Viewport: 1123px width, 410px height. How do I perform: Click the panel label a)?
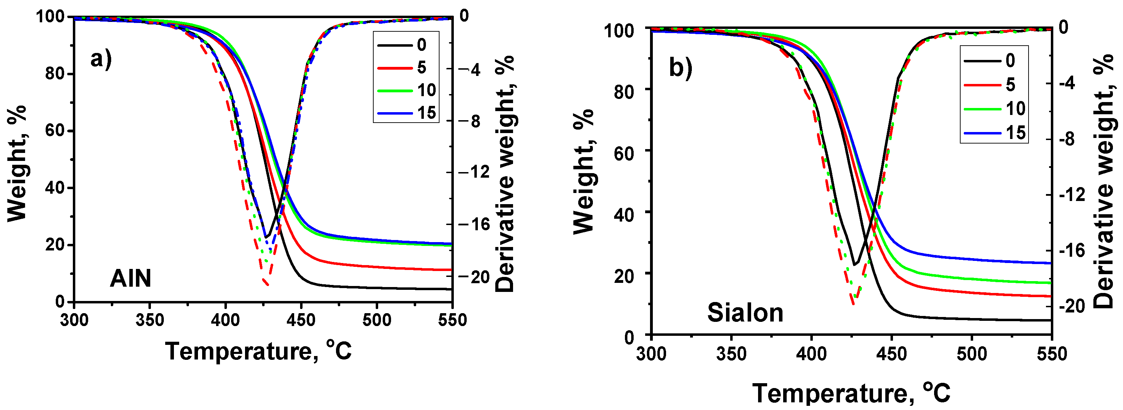(101, 59)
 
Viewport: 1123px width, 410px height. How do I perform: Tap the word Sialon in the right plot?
(745, 312)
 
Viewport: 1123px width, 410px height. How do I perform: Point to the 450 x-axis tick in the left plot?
(301, 320)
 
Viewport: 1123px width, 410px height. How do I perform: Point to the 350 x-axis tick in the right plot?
(731, 353)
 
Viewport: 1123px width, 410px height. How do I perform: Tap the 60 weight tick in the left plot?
(55, 130)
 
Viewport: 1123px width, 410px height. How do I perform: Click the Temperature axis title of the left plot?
(258, 351)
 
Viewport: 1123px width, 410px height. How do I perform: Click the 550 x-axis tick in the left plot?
(452, 320)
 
